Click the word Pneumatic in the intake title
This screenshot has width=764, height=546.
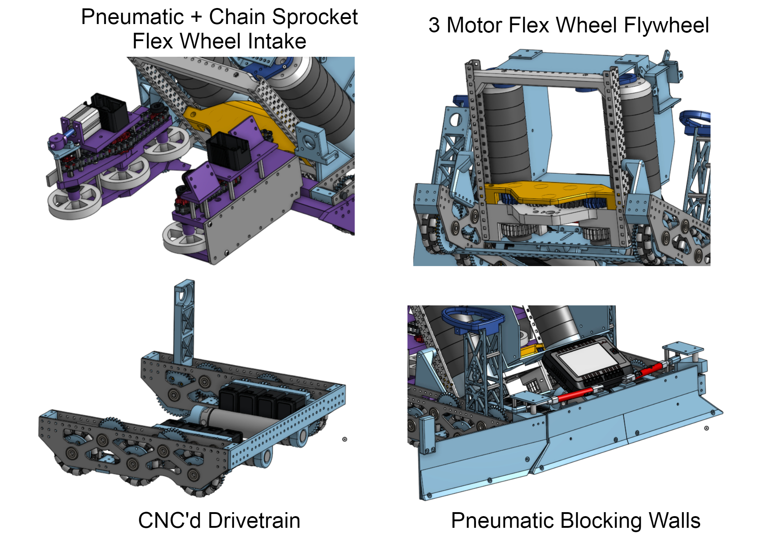click(x=132, y=17)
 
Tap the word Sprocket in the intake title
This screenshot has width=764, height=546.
click(x=315, y=17)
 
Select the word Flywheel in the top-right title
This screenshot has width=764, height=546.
click(x=666, y=25)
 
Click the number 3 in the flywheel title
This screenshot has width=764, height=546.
click(x=434, y=25)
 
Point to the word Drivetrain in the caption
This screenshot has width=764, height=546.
click(x=254, y=520)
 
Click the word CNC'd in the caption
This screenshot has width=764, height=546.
click(x=169, y=520)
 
